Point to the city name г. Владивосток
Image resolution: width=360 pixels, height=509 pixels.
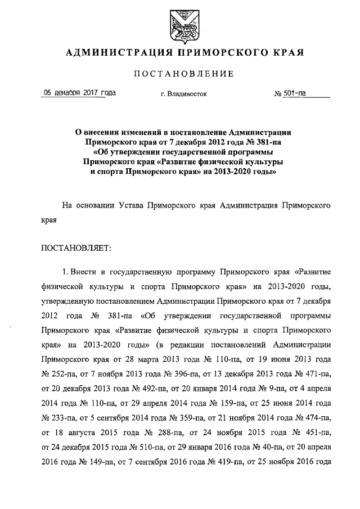click(x=183, y=94)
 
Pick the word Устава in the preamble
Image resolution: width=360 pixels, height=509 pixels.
click(x=127, y=206)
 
